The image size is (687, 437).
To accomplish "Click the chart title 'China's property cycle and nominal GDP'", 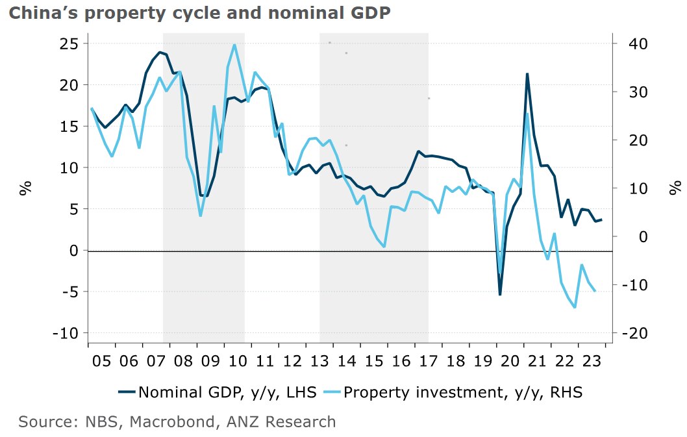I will click(199, 12).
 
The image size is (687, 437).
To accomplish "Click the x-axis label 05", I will click(103, 359).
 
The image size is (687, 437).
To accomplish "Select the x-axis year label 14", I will click(347, 359).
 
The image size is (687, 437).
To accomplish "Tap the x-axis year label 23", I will click(591, 359).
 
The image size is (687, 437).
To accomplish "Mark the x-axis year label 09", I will click(211, 359).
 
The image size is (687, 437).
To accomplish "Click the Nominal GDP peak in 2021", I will click(527, 74).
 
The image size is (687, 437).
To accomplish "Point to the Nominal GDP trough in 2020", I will click(499, 294).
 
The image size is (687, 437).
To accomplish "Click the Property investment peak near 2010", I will click(234, 45).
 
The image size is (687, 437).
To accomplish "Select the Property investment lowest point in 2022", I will click(575, 306).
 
